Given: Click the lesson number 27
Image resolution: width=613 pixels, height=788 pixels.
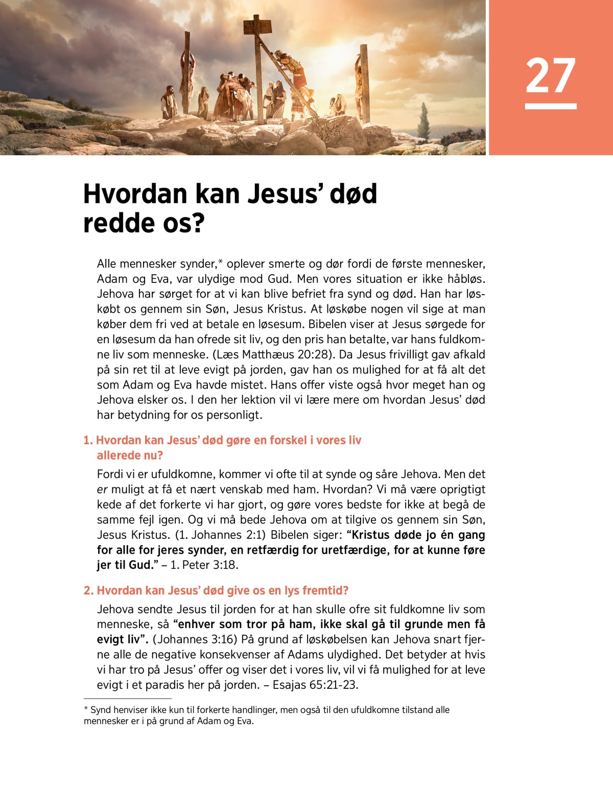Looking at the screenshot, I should [x=551, y=76].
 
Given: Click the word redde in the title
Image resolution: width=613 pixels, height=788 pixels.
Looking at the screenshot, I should [x=123, y=223].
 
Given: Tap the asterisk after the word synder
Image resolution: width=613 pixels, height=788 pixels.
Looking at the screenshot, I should [x=220, y=262].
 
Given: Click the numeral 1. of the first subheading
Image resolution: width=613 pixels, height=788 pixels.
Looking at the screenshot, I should [x=88, y=440].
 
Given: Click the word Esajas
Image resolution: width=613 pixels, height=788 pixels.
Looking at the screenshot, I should [x=290, y=685].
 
